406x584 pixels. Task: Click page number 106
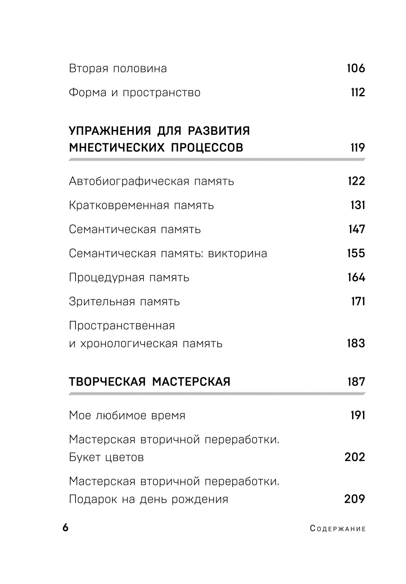[x=356, y=68]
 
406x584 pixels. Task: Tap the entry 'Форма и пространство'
[x=134, y=93]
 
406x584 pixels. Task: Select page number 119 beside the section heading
[x=357, y=147]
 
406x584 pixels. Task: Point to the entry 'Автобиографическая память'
[x=151, y=181]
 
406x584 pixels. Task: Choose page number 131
[x=357, y=205]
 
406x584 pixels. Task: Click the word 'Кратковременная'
[x=119, y=205]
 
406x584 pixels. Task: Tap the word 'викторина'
[x=238, y=253]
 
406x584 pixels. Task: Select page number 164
[x=356, y=277]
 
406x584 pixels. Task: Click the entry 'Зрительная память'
[x=124, y=302]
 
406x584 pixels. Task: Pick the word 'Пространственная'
[x=122, y=326]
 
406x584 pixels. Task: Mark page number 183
[x=356, y=344]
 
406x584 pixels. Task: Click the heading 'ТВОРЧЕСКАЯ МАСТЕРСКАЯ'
[x=149, y=382]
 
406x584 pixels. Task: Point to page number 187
[x=356, y=382]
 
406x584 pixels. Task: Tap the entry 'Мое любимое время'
[x=127, y=415]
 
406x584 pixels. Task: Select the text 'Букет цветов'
[x=106, y=458]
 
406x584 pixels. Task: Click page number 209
[x=354, y=499]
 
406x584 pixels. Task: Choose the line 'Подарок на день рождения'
[x=148, y=499]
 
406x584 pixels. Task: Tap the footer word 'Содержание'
[x=338, y=529]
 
